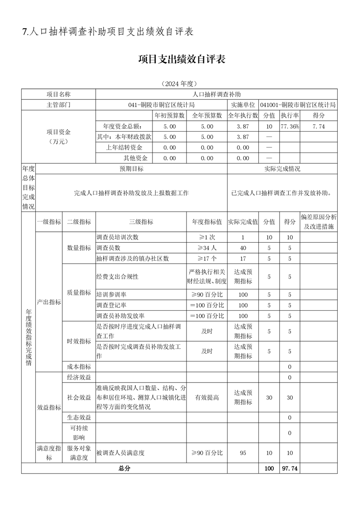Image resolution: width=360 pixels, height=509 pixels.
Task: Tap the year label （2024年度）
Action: click(180, 84)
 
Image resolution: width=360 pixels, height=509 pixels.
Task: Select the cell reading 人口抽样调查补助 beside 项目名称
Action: click(217, 94)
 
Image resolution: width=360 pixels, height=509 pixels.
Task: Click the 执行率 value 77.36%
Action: click(289, 126)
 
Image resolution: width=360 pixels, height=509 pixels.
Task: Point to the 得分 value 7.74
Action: click(319, 126)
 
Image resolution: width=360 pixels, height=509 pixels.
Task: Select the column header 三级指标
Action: click(141, 222)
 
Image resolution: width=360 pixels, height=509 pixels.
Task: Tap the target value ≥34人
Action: click(207, 248)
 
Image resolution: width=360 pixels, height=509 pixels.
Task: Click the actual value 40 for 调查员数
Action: click(243, 248)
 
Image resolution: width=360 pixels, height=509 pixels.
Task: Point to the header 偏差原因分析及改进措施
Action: click(319, 222)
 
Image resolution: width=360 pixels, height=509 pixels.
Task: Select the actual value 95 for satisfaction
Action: click(243, 453)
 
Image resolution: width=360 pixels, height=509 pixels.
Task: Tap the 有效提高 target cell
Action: click(207, 397)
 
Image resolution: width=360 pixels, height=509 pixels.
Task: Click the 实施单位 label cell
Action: click(243, 105)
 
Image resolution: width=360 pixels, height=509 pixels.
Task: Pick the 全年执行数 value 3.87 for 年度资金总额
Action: click(243, 126)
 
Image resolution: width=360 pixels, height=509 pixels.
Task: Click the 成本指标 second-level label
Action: click(79, 367)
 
